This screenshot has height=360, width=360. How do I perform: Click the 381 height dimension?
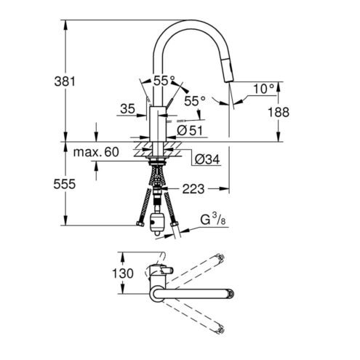pyautogui.click(x=65, y=81)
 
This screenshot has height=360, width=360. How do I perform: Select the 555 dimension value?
pyautogui.click(x=65, y=184)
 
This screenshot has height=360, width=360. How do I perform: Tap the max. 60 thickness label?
pyautogui.click(x=96, y=152)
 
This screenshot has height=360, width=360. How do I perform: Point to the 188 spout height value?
pyautogui.click(x=279, y=112)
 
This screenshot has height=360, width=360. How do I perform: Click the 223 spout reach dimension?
pyautogui.click(x=193, y=189)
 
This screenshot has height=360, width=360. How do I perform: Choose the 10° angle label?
pyautogui.click(x=264, y=89)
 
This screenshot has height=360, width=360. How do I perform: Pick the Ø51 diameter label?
pyautogui.click(x=190, y=131)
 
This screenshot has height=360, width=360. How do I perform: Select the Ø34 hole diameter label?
pyautogui.click(x=207, y=159)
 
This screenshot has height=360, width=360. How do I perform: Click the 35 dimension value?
pyautogui.click(x=127, y=108)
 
